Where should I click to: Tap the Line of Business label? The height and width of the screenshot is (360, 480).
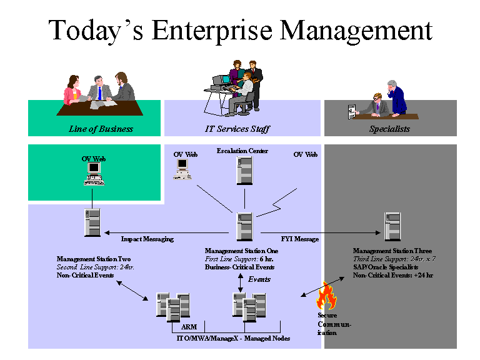tap(101, 129)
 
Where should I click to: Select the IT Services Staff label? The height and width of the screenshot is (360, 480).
tap(237, 129)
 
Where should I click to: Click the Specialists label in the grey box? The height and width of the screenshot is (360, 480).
tap(389, 129)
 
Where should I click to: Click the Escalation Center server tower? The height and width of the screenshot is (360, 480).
tap(244, 170)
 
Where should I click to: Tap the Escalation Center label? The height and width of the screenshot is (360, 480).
tap(242, 151)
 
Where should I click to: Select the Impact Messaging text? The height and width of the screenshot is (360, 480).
tap(147, 239)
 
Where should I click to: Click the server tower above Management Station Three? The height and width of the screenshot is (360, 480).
tap(392, 226)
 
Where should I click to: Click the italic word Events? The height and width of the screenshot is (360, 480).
tap(259, 279)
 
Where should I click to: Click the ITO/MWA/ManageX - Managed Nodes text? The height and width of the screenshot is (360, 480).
tap(232, 338)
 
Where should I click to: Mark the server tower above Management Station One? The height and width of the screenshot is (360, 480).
tap(244, 226)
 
